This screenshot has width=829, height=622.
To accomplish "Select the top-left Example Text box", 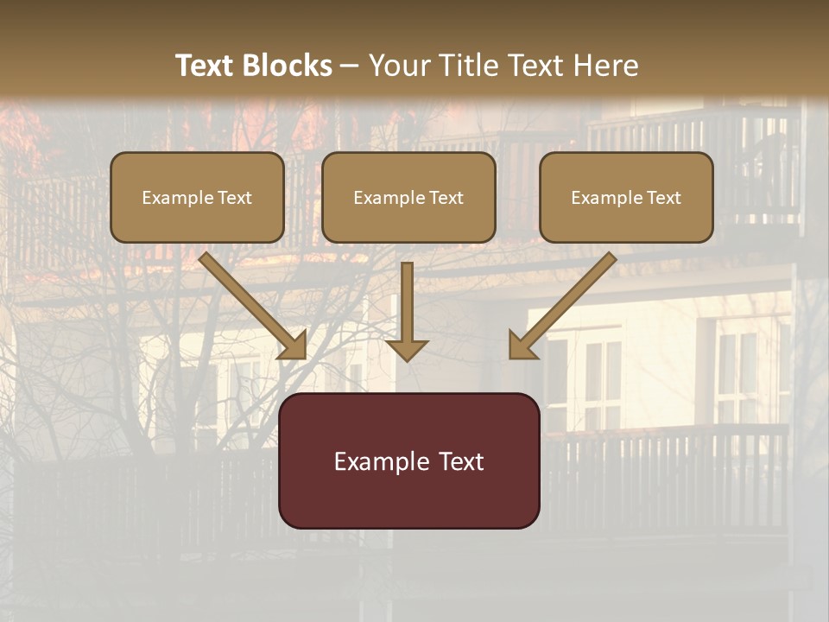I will coord(197,198).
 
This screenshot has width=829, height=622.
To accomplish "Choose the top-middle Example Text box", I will coord(408,198).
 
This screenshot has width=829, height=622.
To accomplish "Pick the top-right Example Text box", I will coord(626,198).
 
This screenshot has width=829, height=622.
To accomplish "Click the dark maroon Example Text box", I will coord(408,460).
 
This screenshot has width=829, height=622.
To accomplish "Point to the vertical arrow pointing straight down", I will coord(407,311).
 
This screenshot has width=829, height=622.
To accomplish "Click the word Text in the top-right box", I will coord(664,198).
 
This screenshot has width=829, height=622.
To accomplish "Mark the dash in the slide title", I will coord(350,67).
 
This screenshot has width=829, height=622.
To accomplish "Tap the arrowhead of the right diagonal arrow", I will coord(521,346).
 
